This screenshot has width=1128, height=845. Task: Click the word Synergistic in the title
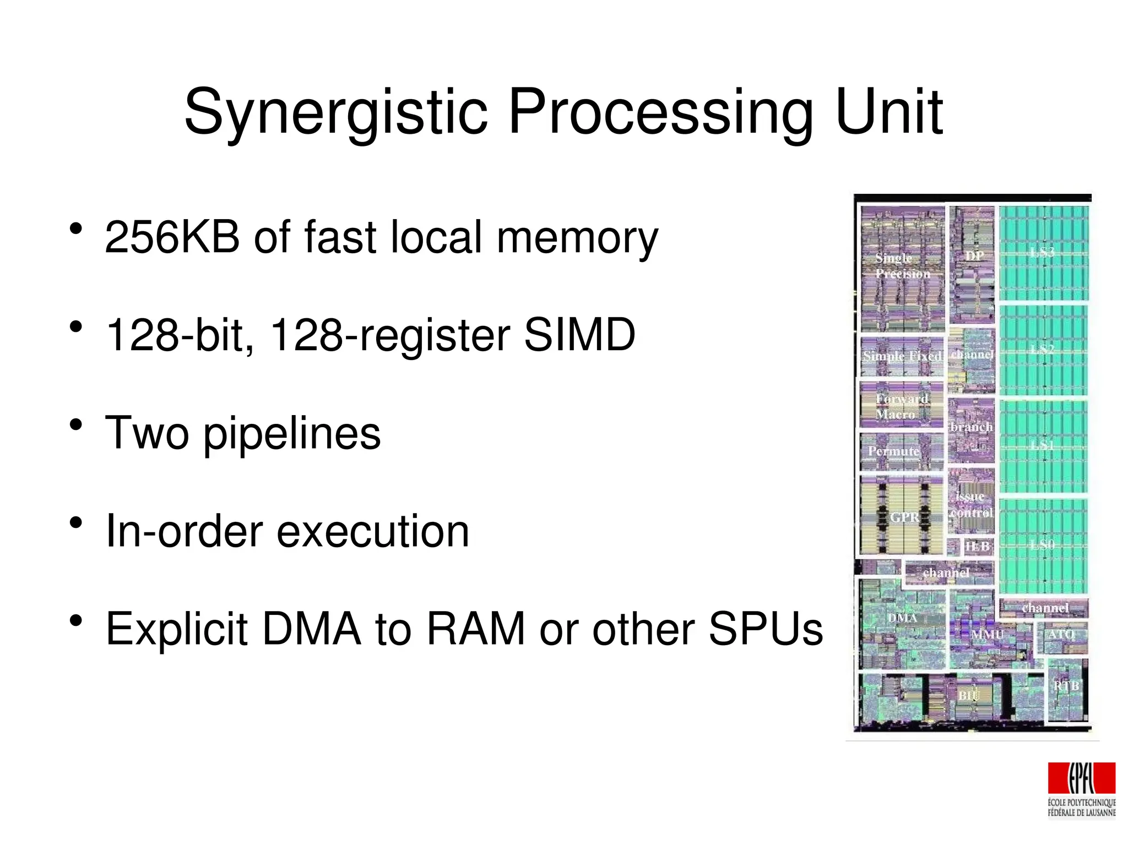tap(336, 113)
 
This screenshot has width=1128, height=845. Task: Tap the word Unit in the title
tap(888, 113)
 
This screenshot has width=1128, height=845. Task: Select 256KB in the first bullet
tap(172, 237)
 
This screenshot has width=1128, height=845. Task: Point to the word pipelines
tap(292, 433)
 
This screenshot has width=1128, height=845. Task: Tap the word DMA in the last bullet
tap(312, 629)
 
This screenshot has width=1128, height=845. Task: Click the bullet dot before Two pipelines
tap(76, 424)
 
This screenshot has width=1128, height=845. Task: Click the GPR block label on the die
tap(904, 517)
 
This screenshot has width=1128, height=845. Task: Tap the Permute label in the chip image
tap(893, 451)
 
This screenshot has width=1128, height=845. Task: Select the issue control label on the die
tap(971, 504)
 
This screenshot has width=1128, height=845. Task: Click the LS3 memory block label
tap(1042, 253)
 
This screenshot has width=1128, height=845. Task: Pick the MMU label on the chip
tap(987, 634)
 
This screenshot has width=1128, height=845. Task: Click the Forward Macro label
tap(901, 406)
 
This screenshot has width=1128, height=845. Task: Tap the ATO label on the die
tap(1061, 634)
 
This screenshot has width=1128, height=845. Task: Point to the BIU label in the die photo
tap(968, 695)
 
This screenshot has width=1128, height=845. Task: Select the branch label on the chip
tap(971, 427)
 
